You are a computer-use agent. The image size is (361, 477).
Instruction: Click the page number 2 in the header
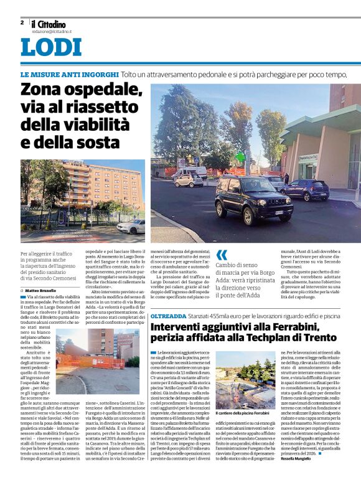pos(22,22)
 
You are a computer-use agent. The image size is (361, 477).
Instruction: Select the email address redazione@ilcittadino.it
pos(52,31)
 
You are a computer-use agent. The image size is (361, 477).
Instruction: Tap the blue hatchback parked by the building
pos(304,189)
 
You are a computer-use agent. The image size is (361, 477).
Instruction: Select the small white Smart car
pos(189,180)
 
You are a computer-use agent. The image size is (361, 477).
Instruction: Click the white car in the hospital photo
pos(131,227)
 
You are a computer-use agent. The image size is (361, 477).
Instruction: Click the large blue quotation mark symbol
pos(222,255)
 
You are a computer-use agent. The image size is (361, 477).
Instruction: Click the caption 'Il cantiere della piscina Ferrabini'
pos(243,412)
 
